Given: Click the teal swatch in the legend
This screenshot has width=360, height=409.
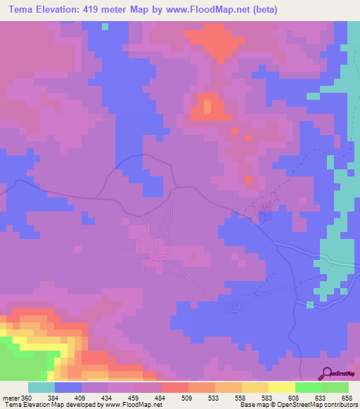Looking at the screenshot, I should [41, 387].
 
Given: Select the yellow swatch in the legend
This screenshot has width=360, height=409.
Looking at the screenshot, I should [281, 387].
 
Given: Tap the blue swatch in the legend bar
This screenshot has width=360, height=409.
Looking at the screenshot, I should [68, 387].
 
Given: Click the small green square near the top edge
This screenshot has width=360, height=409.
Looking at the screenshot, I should [105, 27].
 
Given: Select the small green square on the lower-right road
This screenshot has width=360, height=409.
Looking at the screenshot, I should [309, 304].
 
